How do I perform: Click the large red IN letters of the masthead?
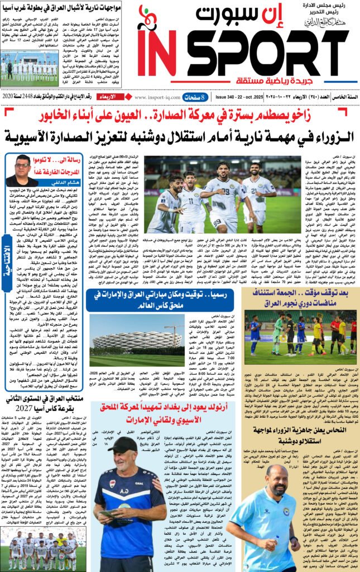[158, 51]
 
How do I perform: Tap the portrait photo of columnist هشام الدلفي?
[22, 171]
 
